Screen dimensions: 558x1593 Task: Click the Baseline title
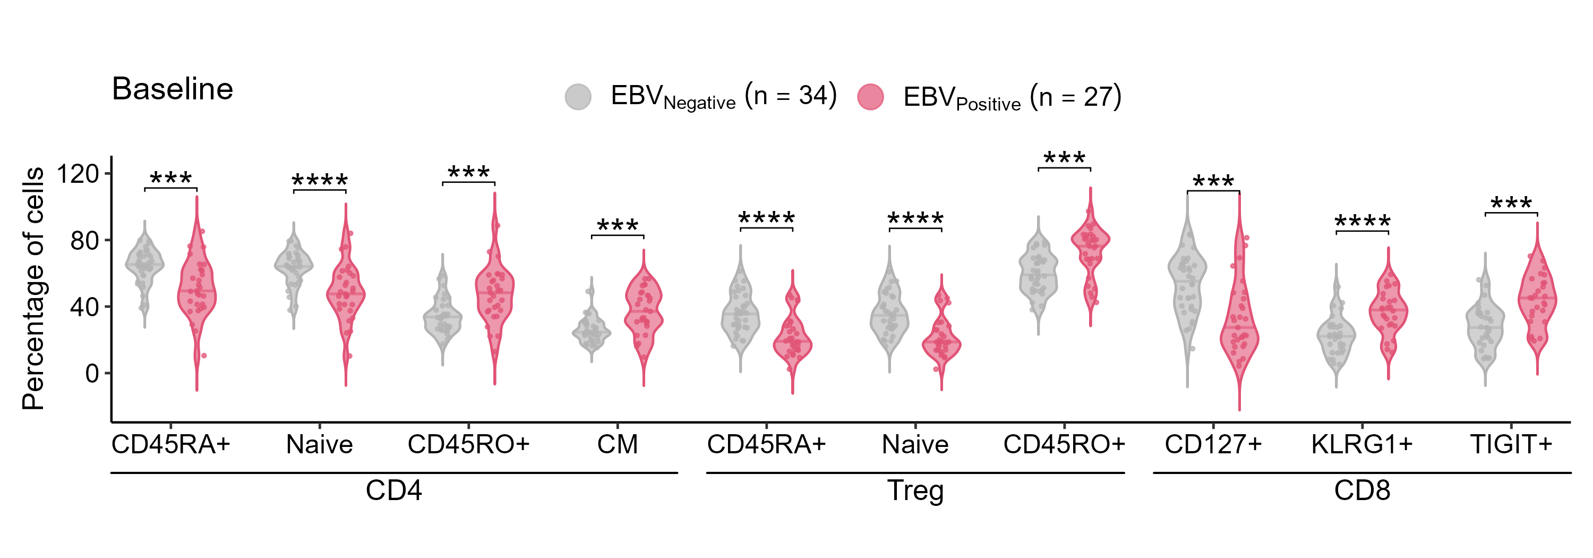172,89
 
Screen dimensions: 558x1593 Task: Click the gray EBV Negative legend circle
578,97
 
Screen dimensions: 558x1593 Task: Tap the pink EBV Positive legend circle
870,97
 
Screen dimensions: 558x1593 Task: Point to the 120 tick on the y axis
78,174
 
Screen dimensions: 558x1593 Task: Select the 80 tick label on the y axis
85,240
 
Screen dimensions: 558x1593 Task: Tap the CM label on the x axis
617,444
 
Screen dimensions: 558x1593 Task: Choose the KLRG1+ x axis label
1361,444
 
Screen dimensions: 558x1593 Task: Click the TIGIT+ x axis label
1511,444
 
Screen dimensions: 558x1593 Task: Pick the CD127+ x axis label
1213,444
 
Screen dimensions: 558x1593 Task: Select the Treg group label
915,491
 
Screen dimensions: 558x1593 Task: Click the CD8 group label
1361,491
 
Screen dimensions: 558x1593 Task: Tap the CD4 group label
393,491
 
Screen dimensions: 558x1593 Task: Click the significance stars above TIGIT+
1511,203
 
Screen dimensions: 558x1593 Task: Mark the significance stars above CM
617,225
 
